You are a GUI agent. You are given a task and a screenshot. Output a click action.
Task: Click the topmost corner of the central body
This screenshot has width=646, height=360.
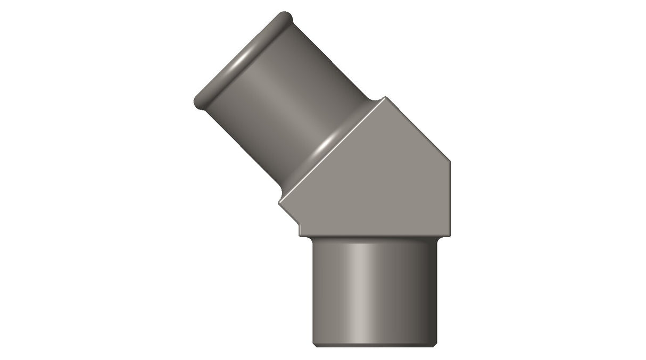(385, 97)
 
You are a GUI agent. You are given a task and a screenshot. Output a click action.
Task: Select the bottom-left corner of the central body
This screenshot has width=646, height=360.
(301, 236)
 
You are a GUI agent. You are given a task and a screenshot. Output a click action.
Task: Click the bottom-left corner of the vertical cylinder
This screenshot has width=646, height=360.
(314, 347)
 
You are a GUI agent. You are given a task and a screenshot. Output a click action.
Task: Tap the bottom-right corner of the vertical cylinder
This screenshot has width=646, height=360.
(438, 347)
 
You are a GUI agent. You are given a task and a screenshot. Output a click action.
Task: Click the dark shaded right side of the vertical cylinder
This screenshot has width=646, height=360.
(428, 292)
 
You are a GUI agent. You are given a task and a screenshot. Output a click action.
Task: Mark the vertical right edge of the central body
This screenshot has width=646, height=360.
(454, 199)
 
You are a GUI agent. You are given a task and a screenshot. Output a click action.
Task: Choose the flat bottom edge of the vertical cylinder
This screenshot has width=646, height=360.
(376, 347)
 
